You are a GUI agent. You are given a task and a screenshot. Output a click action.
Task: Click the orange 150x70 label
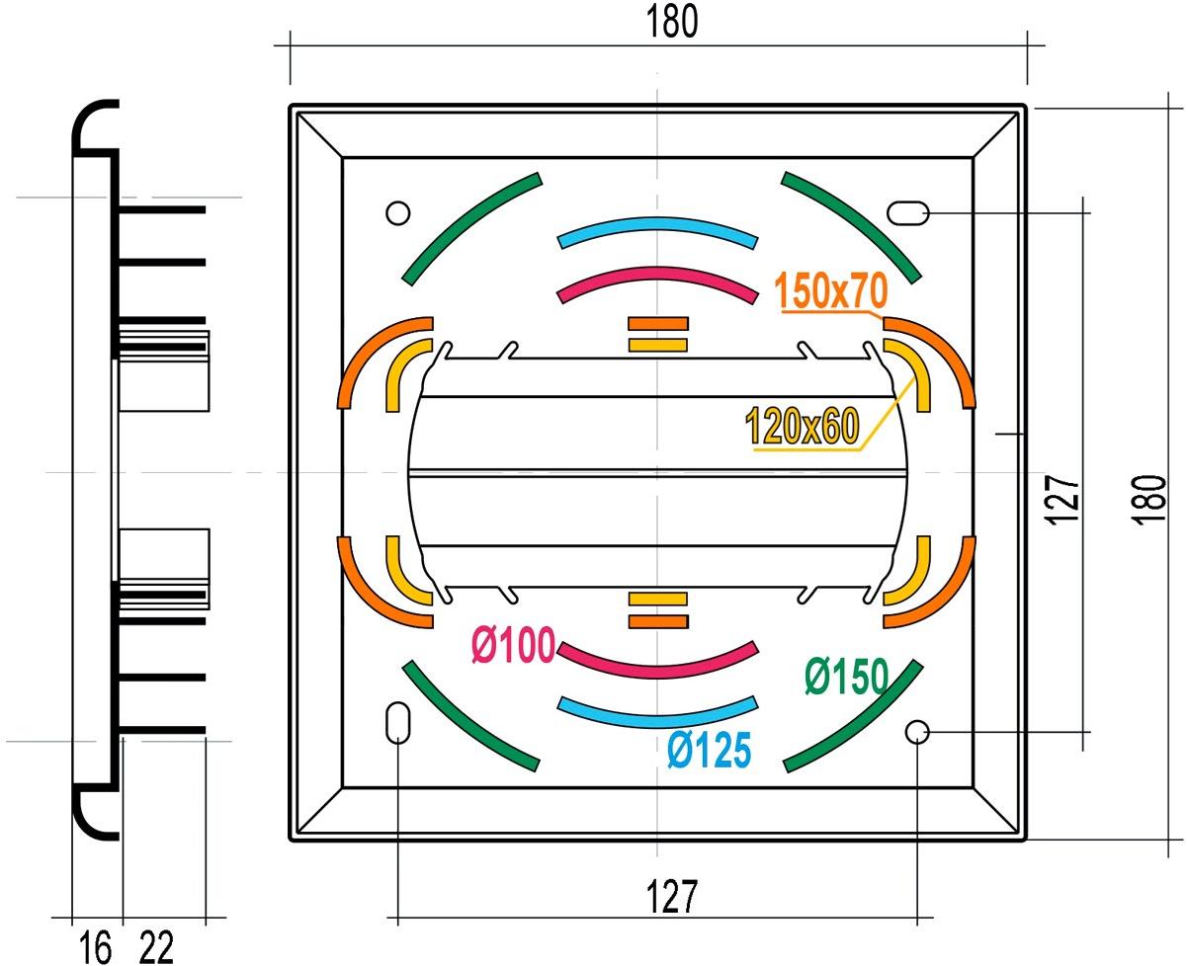[830, 290]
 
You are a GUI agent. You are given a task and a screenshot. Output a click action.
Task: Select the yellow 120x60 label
[802, 426]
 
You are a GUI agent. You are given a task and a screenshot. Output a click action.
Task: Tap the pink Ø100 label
[514, 645]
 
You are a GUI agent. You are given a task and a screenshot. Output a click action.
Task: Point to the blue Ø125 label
[710, 749]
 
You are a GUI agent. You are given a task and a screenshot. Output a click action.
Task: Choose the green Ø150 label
[847, 677]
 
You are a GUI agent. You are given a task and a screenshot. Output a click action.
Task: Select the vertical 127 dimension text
[1062, 500]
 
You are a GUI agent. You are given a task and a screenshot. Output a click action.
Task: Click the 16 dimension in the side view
[95, 947]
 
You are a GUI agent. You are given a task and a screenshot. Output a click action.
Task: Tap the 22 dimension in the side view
[156, 947]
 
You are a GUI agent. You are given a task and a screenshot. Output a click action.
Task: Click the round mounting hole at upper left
[397, 212]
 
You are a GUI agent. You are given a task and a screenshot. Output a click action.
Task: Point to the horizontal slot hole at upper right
[907, 213]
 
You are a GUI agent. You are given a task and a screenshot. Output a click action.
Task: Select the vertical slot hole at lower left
[397, 722]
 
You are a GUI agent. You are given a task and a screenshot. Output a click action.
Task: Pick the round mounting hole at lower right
[917, 732]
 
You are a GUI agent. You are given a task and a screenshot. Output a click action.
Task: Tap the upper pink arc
[658, 275]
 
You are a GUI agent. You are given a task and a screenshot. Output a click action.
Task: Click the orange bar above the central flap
[658, 323]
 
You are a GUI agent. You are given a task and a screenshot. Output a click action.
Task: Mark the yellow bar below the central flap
[658, 599]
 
